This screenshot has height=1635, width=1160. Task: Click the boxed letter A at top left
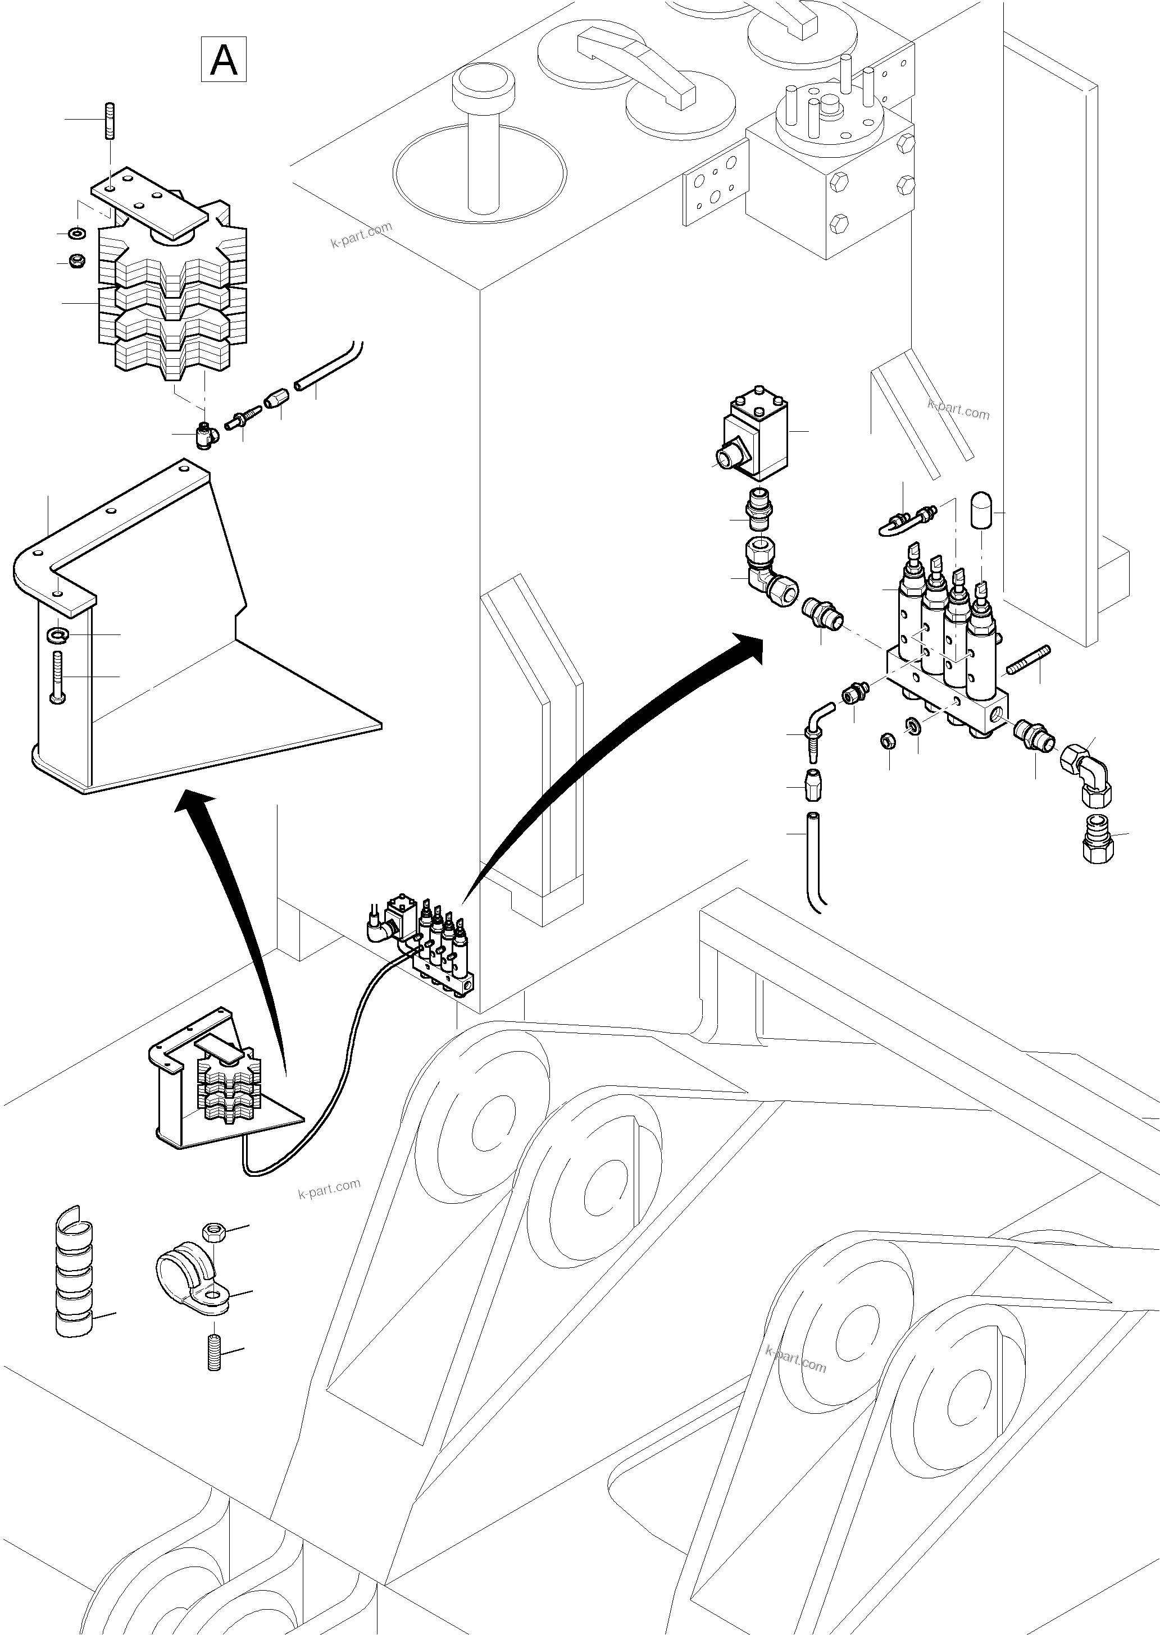pos(224,60)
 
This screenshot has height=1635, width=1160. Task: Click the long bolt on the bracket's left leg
pos(58,677)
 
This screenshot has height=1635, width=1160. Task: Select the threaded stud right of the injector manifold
pos(1028,660)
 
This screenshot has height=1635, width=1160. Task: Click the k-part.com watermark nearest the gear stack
pos(361,234)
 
